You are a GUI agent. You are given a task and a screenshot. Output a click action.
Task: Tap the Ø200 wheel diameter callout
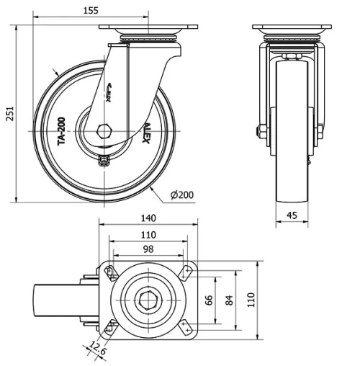[x=182, y=195]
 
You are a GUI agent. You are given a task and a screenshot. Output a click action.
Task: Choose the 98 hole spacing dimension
[x=147, y=248]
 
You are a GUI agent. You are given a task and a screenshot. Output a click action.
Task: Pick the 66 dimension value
[x=210, y=299]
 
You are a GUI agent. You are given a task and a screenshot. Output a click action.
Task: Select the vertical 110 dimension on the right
[x=251, y=299]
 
